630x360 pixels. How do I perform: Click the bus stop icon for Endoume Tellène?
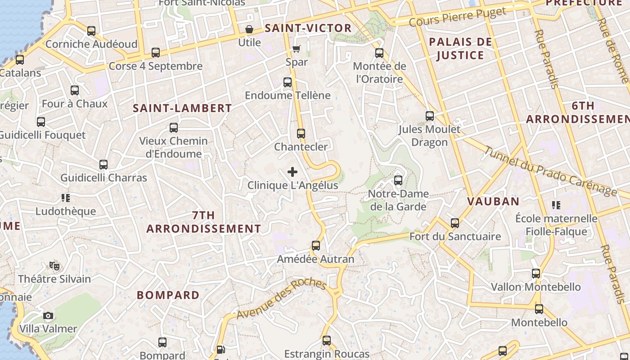tap(288, 82)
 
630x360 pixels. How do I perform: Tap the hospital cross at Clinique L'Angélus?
tap(292, 172)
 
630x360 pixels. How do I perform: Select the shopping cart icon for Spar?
tap(296, 49)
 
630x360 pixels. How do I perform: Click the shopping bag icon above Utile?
tap(249, 30)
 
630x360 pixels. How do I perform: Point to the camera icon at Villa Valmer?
tap(48, 315)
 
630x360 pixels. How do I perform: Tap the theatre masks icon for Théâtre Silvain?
tap(54, 265)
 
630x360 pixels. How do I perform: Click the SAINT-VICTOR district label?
tap(308, 28)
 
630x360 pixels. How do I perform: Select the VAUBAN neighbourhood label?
tap(493, 201)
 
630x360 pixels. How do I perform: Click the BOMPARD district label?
tap(168, 295)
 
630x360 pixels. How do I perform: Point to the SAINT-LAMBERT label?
tap(182, 108)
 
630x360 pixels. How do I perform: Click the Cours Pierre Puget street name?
tap(458, 17)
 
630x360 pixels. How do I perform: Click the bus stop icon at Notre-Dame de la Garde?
tap(398, 180)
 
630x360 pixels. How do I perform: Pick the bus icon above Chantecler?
tap(301, 134)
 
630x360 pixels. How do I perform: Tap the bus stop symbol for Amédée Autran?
tap(316, 246)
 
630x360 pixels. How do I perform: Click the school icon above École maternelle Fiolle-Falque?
tap(556, 205)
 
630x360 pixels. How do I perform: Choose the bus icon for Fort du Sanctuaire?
tap(455, 223)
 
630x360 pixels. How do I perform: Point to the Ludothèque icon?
tap(66, 198)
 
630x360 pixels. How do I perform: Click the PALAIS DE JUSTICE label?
tap(460, 49)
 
